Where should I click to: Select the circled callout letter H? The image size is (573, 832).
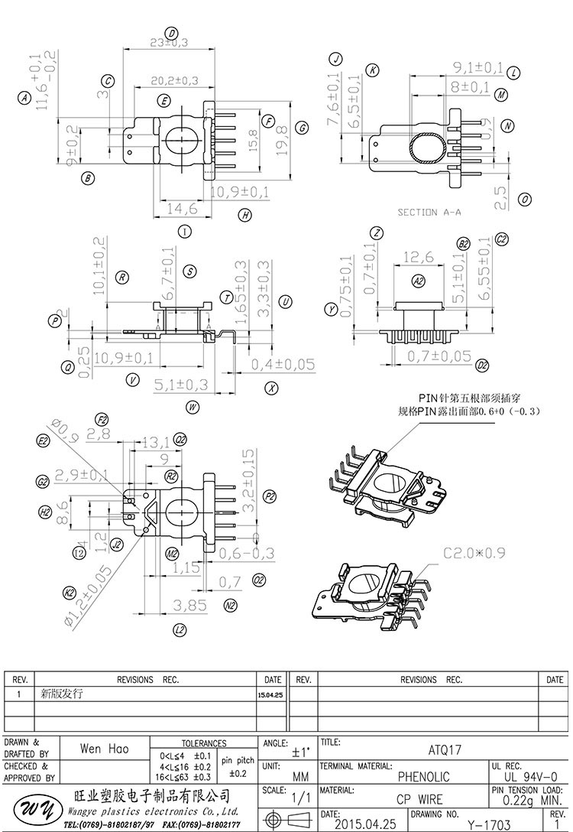tap(244, 216)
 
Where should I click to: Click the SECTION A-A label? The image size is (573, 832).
tap(429, 212)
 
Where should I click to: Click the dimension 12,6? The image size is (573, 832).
tap(418, 256)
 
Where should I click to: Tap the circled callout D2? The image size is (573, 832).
tap(482, 366)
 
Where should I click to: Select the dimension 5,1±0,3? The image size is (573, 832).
tap(182, 383)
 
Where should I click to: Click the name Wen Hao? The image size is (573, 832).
tap(104, 749)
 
